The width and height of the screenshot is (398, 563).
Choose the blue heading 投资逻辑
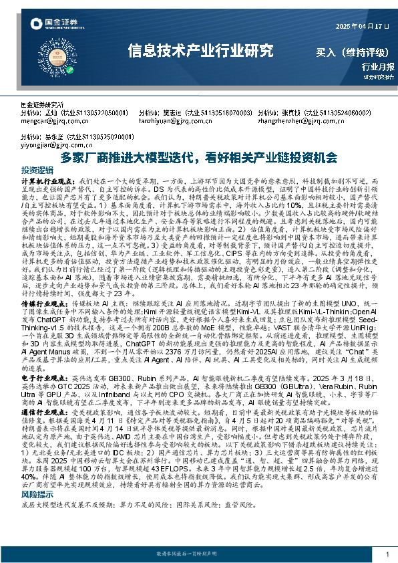[x=37, y=170]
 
